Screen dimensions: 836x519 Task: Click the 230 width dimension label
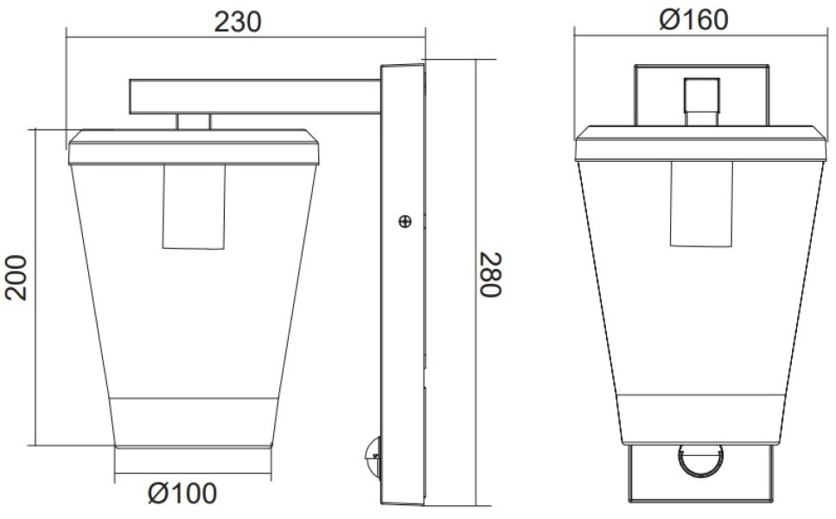point(237,22)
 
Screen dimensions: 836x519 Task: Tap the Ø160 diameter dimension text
point(693,20)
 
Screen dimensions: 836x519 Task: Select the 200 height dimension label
point(16,278)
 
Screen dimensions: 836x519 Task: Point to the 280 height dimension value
point(490,274)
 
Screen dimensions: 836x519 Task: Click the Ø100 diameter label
point(182,493)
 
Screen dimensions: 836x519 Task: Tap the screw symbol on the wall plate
point(405,221)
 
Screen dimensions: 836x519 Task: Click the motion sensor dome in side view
point(373,457)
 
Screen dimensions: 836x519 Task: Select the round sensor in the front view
point(700,460)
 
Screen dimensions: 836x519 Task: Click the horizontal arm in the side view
point(255,97)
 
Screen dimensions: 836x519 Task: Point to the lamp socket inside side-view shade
point(194,207)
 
